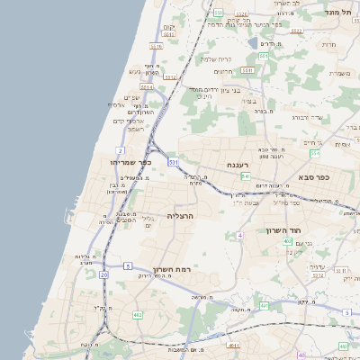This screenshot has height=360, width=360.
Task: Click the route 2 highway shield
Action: point(120,150)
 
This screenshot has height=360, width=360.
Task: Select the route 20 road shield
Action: point(104,274)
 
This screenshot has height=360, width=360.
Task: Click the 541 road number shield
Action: point(173,162)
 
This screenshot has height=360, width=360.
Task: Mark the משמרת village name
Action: point(340,74)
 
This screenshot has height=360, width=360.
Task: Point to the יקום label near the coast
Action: point(169,28)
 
